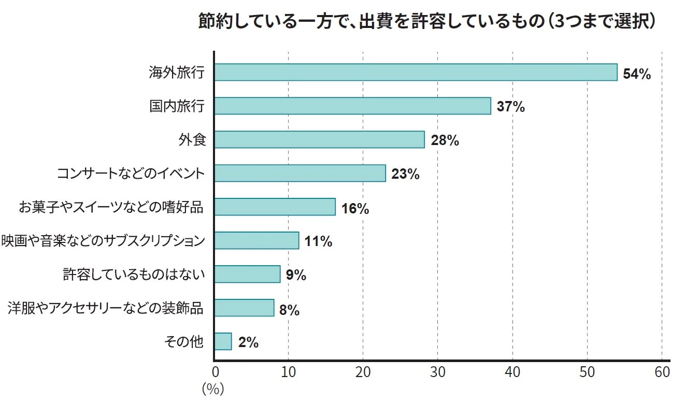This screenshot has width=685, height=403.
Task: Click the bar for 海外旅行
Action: click(416, 73)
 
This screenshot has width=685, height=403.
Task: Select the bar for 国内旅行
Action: click(352, 106)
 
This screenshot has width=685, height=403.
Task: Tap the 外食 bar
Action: click(319, 140)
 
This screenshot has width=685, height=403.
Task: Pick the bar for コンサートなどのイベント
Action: click(300, 174)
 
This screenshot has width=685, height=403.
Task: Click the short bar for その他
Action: click(223, 342)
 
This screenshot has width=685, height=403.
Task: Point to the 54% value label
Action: click(637, 74)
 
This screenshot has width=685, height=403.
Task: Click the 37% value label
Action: click(511, 107)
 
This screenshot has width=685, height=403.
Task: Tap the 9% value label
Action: click(296, 275)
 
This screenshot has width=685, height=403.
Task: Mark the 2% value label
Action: click(248, 342)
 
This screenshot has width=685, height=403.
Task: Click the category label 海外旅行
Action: click(177, 73)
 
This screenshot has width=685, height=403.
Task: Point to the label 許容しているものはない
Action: click(134, 275)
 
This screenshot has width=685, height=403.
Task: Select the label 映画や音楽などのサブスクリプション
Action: click(103, 241)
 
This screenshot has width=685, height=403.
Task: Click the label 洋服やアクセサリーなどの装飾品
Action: click(106, 308)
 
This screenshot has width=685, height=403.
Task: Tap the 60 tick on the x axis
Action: click(662, 372)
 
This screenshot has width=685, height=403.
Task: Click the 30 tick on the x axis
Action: click(437, 372)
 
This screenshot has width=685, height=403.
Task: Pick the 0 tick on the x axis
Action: click(215, 372)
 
